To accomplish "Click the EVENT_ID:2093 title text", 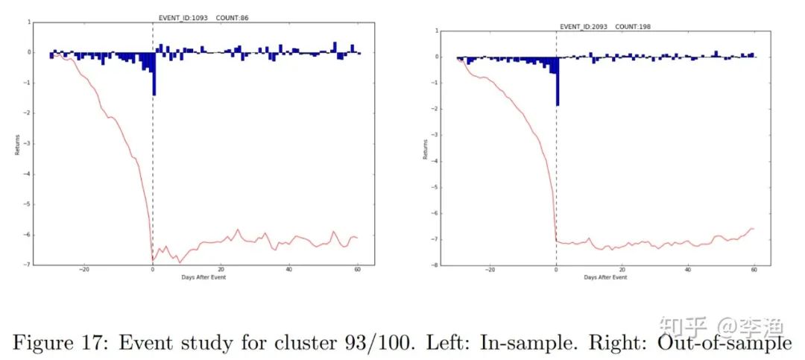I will pyautogui.click(x=583, y=27).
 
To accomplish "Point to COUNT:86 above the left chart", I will pyautogui.click(x=232, y=16).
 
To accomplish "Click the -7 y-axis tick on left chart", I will pyautogui.click(x=28, y=265).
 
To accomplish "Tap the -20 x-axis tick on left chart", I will pyautogui.click(x=84, y=270).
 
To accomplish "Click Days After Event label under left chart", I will pyautogui.click(x=203, y=277).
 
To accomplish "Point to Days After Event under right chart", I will pyautogui.click(x=605, y=277).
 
